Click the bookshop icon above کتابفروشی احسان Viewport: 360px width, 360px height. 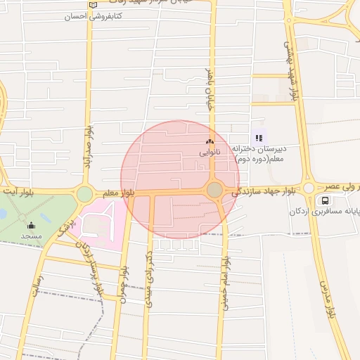[x=93, y=5]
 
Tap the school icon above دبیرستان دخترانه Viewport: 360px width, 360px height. [x=259, y=139]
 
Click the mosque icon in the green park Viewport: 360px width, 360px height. [x=31, y=226]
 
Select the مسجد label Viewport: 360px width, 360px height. [x=31, y=236]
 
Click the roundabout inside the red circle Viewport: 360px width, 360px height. [x=214, y=191]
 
